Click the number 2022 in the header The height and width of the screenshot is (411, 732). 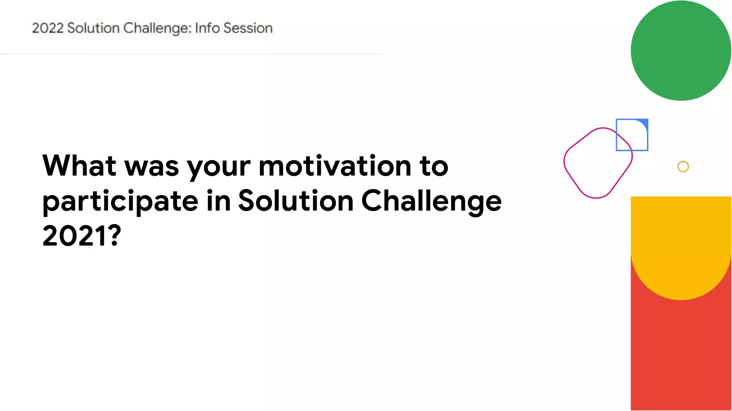coord(48,28)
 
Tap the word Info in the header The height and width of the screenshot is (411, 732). coord(207,28)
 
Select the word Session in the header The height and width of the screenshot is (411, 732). coord(248,28)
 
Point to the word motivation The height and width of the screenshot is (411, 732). coord(335,166)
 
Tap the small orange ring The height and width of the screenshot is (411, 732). coord(683,167)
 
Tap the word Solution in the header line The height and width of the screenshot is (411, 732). coord(93,28)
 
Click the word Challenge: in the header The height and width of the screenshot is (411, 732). coord(158,28)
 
